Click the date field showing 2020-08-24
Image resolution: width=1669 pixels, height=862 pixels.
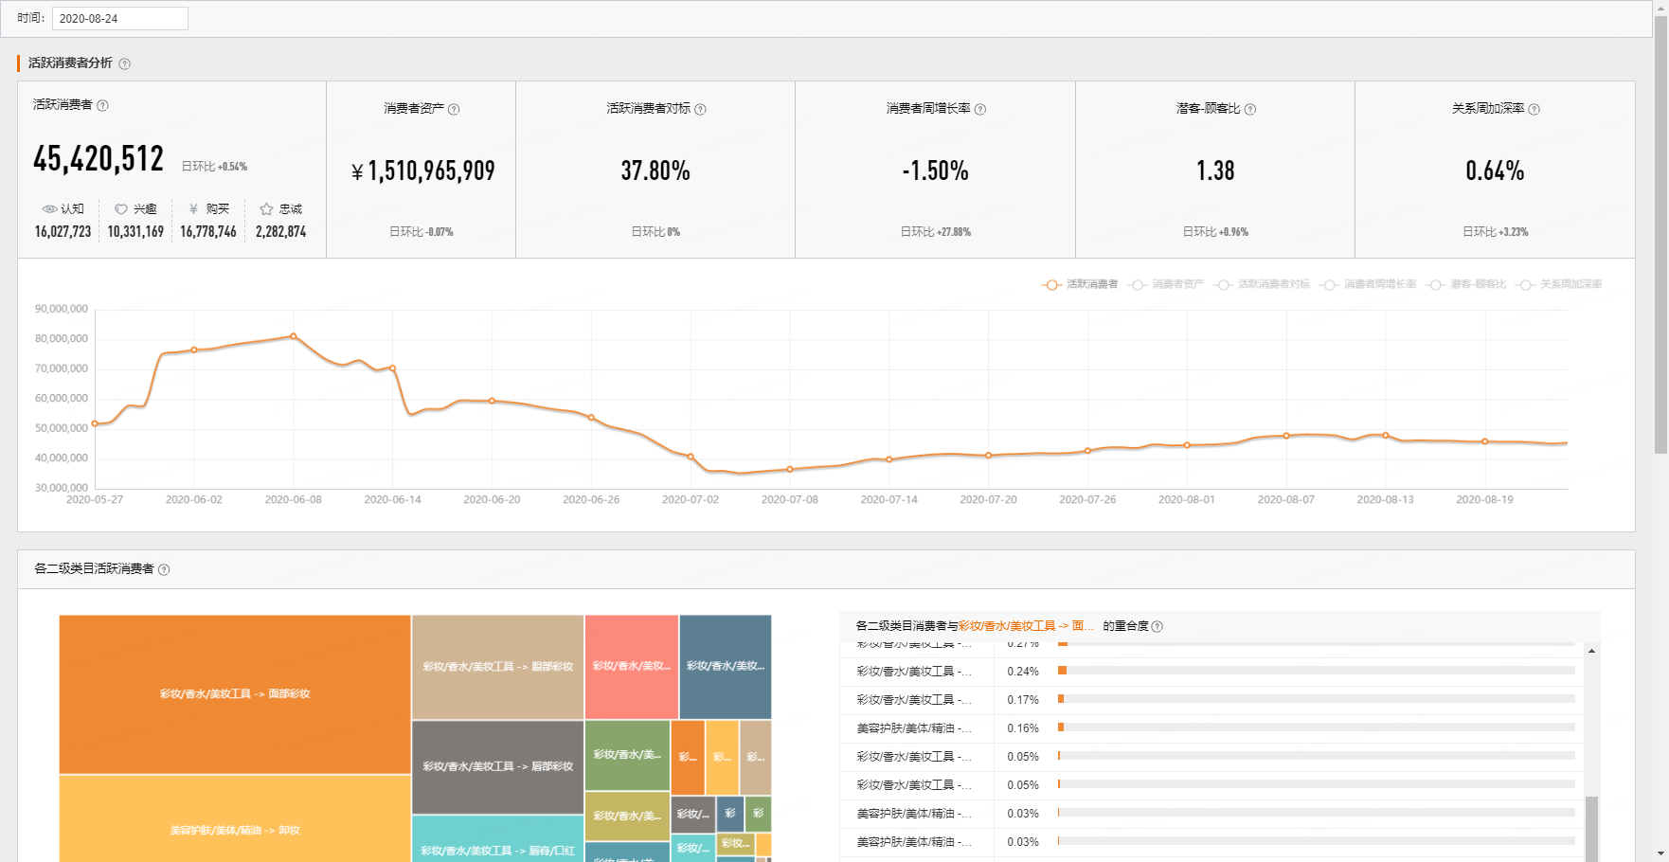[119, 18]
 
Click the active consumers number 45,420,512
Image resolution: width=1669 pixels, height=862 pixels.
[99, 159]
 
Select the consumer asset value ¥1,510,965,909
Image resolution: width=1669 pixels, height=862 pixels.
[422, 171]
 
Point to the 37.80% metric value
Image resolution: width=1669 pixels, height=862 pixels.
[655, 171]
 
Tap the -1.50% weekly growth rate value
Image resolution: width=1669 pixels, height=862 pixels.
[935, 171]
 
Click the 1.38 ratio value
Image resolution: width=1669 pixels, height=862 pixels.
[1215, 171]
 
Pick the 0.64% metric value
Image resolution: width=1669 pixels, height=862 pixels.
[1495, 171]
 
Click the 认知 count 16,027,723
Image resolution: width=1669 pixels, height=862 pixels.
[63, 232]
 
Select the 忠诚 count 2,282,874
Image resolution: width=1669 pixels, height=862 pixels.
[280, 232]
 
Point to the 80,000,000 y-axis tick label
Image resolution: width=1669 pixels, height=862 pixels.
[62, 339]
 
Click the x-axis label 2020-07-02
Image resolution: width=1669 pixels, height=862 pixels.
[691, 500]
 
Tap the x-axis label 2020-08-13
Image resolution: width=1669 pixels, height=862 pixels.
[1385, 500]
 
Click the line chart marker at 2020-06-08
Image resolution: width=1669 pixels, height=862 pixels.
[294, 336]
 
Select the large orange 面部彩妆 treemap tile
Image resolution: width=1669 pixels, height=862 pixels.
[235, 694]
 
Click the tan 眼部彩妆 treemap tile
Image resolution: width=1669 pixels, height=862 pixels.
[497, 667]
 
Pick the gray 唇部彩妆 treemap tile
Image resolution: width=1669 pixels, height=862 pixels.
[497, 766]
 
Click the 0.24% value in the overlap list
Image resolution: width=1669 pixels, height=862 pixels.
[1023, 672]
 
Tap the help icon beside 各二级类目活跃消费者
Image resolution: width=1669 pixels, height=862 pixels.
[164, 569]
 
